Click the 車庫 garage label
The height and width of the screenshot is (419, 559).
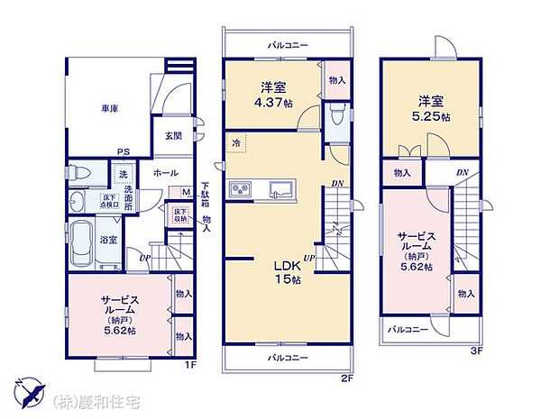pos(111,108)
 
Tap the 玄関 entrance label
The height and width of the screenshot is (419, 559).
pos(174,136)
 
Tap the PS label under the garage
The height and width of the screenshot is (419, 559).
pos(122,152)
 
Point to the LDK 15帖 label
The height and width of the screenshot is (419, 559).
pos(288,272)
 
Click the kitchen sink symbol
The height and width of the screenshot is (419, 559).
pos(278,188)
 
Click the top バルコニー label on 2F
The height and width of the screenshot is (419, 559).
pos(288,43)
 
